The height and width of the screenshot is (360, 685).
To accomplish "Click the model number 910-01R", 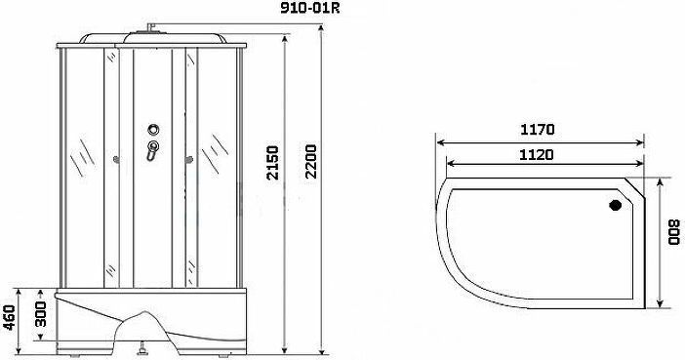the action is pyautogui.click(x=309, y=9).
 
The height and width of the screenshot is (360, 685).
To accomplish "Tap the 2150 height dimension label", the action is pyautogui.click(x=272, y=163).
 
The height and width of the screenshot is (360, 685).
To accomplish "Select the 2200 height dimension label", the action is pyautogui.click(x=310, y=161).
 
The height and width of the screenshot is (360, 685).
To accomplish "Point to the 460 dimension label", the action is pyautogui.click(x=9, y=318).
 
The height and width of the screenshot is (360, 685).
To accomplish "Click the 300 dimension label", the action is pyautogui.click(x=41, y=314).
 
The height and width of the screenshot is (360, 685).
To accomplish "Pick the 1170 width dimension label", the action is pyautogui.click(x=537, y=130).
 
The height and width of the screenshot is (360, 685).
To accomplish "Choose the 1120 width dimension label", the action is pyautogui.click(x=537, y=155).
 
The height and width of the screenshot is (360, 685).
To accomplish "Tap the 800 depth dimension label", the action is pyautogui.click(x=674, y=231).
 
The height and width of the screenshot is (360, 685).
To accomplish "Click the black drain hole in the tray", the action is pyautogui.click(x=615, y=205).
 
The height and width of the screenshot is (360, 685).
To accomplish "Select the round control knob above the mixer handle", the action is pyautogui.click(x=153, y=130).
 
